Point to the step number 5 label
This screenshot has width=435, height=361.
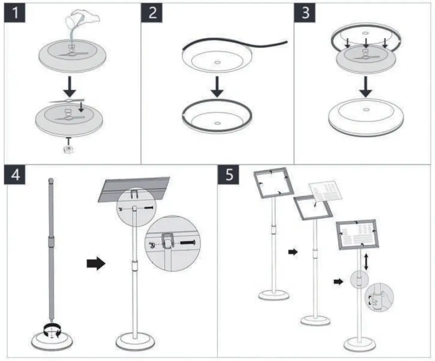click(x=229, y=175)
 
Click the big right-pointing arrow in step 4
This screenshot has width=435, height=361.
click(x=96, y=264)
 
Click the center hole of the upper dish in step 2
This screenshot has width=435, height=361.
click(x=218, y=61)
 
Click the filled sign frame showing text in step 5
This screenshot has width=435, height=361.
click(x=357, y=235)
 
